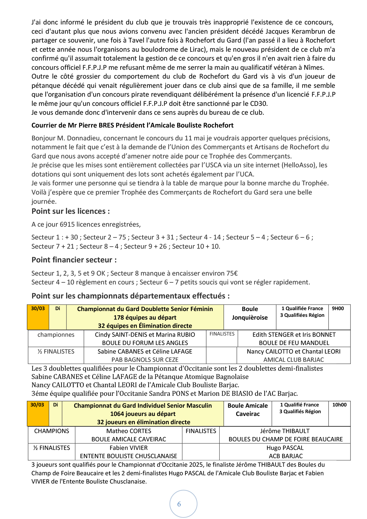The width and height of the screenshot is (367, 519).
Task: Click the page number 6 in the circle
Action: point(179,504)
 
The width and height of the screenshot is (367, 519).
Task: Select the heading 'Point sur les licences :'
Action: point(71,211)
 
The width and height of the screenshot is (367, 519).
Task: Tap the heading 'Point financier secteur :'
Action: point(74,260)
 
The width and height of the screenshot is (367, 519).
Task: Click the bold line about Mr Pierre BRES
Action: point(132,125)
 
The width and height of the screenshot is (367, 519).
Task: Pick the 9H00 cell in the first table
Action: point(338,309)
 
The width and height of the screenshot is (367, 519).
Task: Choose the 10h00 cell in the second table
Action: point(339,405)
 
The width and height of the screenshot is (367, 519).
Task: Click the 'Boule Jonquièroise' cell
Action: point(250,313)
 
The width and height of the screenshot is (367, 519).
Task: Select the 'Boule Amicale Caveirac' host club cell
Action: point(248,410)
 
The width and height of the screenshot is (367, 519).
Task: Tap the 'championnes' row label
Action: point(56,335)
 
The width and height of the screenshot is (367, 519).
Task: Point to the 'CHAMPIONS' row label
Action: point(52,431)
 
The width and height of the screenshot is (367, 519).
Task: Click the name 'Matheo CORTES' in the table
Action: point(129,431)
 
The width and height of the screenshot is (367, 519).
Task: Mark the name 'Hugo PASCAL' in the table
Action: point(285,448)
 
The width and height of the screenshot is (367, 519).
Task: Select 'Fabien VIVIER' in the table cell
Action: point(129,448)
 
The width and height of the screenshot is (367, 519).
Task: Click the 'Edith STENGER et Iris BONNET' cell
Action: point(294,335)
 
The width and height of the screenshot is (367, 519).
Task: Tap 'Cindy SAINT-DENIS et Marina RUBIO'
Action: point(145,335)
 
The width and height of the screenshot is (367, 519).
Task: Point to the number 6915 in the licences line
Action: point(67,224)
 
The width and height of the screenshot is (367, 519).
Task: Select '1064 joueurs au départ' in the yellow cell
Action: point(143,414)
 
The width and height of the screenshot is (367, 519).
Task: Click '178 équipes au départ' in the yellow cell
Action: point(145,317)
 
